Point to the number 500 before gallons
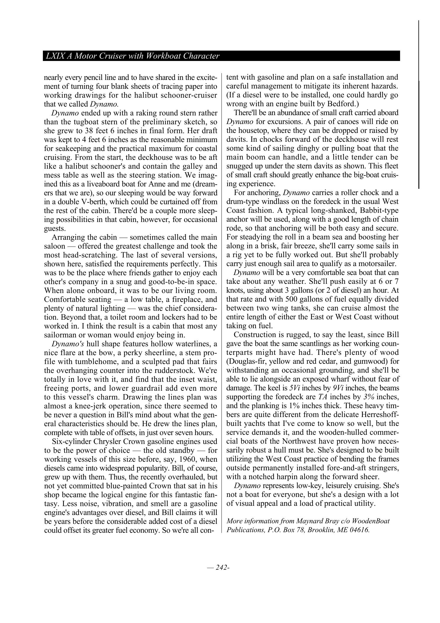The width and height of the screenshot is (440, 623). [292, 299]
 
